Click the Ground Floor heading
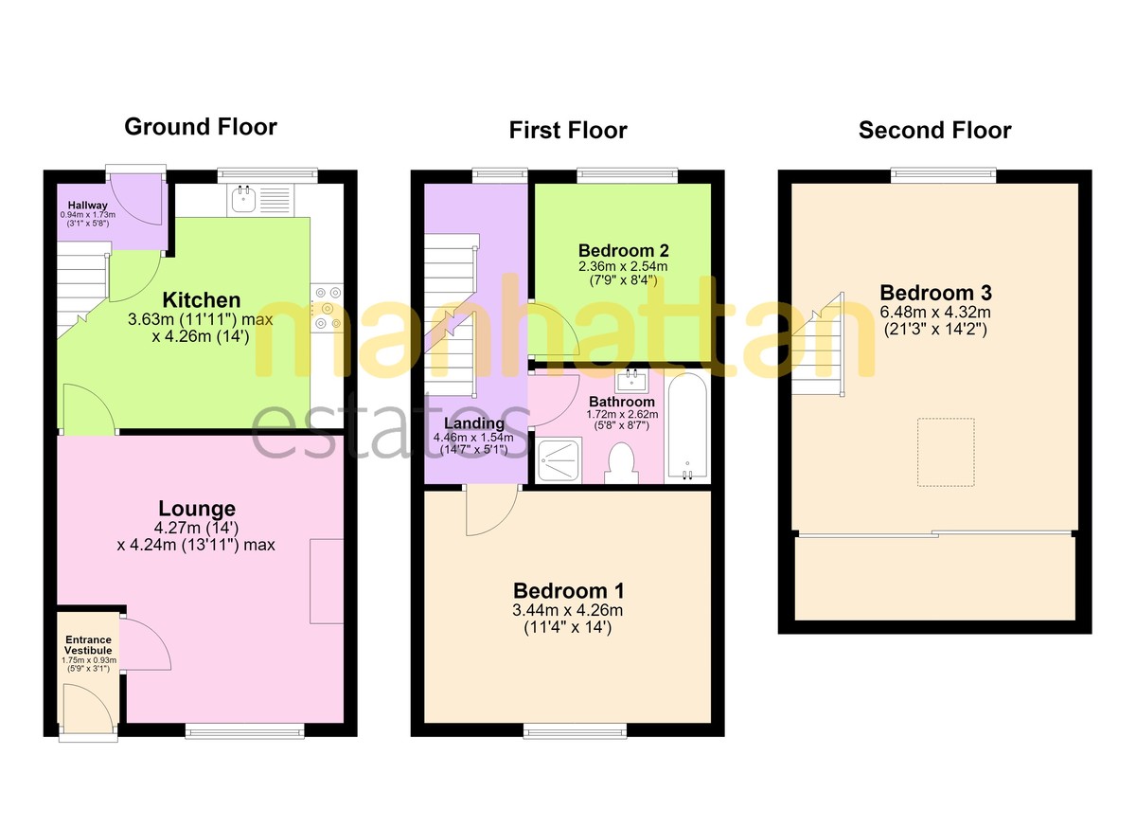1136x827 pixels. tap(201, 127)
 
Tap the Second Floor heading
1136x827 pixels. tap(934, 131)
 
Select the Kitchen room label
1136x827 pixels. tap(202, 300)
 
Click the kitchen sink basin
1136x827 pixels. tap(244, 199)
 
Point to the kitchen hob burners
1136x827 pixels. tap(328, 309)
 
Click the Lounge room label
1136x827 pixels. tap(197, 509)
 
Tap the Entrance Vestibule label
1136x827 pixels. tap(88, 645)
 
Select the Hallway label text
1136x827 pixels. tap(88, 206)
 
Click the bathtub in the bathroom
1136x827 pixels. tap(687, 426)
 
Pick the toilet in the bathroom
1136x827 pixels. tap(621, 463)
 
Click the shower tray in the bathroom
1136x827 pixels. tap(559, 460)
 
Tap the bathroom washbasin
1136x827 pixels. tap(631, 381)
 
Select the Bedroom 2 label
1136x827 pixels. tap(623, 251)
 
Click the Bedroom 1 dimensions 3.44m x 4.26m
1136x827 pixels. tap(567, 610)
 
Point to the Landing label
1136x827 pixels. tap(474, 423)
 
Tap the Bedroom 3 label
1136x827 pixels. tap(935, 293)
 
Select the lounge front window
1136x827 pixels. tap(244, 730)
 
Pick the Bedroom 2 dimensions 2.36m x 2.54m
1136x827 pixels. tap(623, 266)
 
